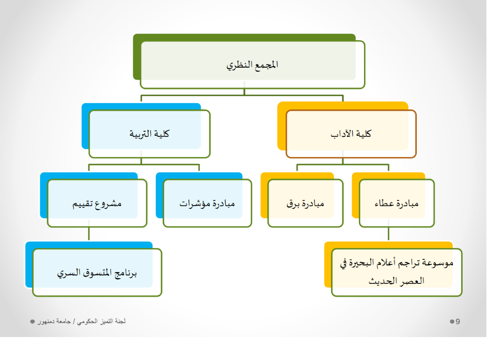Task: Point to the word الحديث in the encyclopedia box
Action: coord(382,281)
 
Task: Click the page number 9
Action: coord(457,321)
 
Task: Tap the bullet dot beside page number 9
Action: coord(452,321)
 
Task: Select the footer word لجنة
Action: coord(120,321)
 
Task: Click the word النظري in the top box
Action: coord(239,65)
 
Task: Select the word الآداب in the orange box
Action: coord(341,134)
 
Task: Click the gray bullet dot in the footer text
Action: coord(33,321)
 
